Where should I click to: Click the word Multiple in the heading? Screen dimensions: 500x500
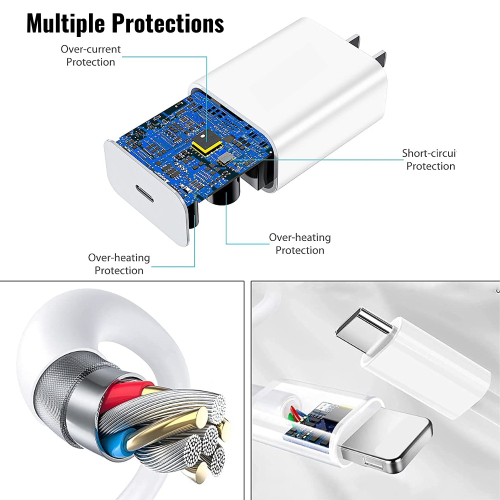(x=65, y=23)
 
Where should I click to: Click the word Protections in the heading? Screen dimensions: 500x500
(x=167, y=23)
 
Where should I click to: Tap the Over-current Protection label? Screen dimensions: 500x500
(x=90, y=55)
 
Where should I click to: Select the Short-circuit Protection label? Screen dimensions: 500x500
(x=429, y=159)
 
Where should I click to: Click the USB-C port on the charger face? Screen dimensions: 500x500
(x=144, y=193)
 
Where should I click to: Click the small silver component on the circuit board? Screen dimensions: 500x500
(x=225, y=158)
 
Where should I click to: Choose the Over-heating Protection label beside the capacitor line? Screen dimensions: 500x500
(x=299, y=243)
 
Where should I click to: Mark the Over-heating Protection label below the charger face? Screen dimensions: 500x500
(x=119, y=263)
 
